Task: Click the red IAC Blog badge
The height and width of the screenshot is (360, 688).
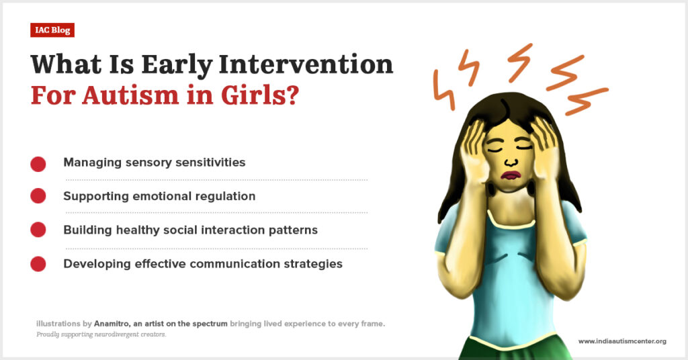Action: coord(52,30)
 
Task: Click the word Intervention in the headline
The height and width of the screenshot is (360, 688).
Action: coord(306,64)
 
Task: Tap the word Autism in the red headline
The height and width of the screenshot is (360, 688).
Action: coord(130,95)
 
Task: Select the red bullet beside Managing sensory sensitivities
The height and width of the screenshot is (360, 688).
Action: coord(38,164)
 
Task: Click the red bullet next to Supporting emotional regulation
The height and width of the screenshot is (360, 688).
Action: coord(38,195)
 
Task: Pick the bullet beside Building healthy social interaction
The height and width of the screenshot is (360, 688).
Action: coord(38,229)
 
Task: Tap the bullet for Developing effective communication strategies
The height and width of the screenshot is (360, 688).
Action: coord(38,264)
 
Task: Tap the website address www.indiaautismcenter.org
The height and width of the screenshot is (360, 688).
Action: coord(622,341)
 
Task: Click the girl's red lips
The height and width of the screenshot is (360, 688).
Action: coord(511,175)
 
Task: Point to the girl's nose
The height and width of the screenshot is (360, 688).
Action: coord(510,162)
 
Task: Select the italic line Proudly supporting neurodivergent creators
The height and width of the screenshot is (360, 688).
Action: coord(101,334)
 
